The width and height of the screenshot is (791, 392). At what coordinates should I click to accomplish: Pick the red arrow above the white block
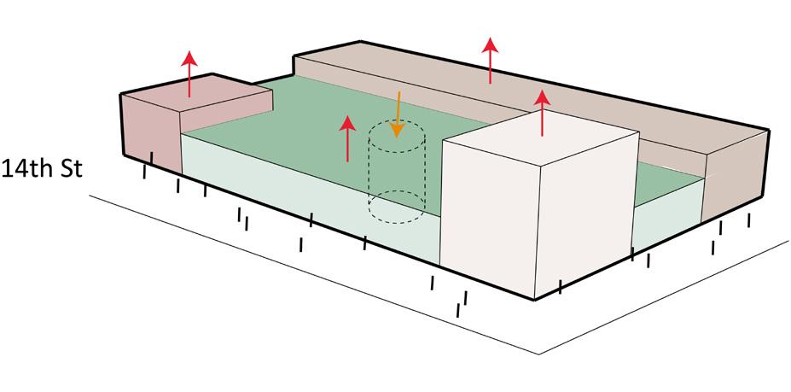542,113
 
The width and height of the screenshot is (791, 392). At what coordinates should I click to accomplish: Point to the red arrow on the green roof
347,138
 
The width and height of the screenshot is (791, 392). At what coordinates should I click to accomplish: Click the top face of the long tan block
512,81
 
